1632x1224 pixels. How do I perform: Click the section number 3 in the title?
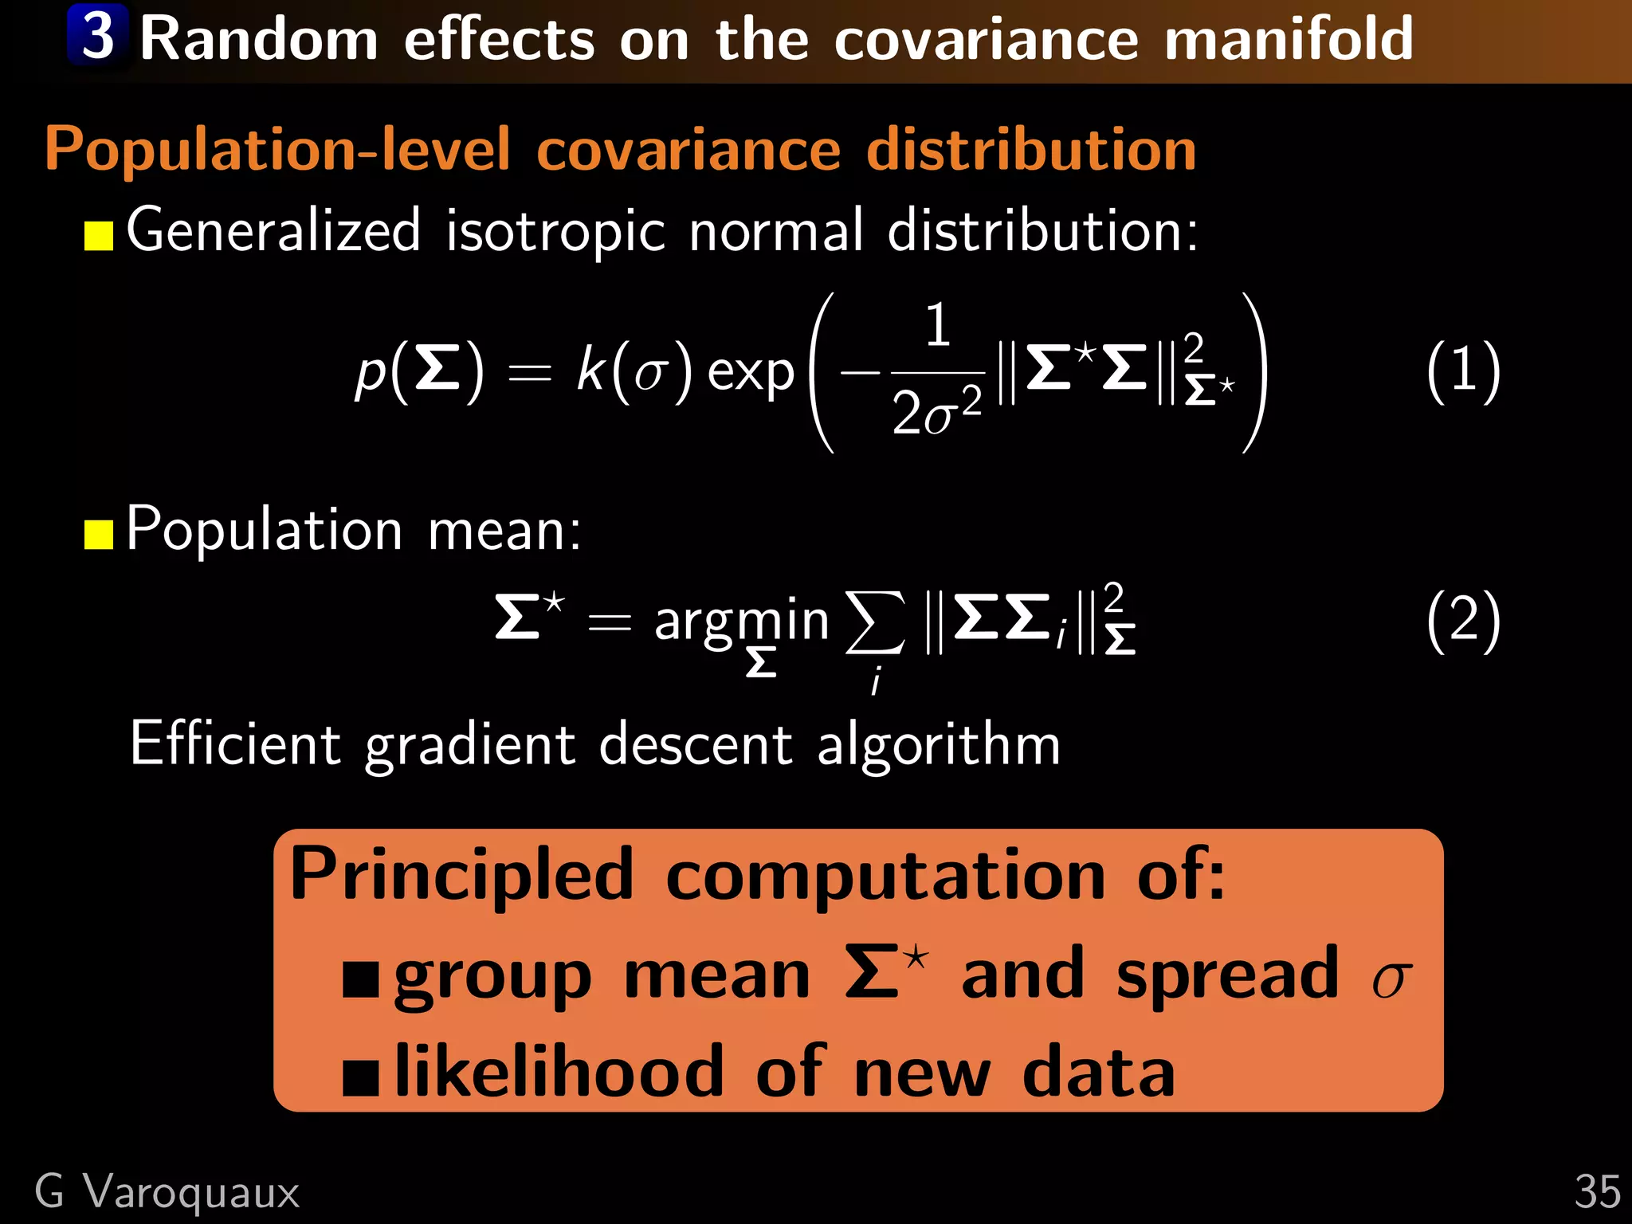[98, 36]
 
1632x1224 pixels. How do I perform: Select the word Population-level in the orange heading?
[277, 150]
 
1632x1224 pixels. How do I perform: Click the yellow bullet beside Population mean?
[99, 535]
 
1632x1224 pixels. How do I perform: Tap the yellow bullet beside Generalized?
[99, 236]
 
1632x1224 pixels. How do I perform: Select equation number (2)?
[1463, 620]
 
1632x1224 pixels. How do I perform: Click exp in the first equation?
[751, 373]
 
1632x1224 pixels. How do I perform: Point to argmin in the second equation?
[741, 622]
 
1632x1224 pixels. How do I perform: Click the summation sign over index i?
[875, 622]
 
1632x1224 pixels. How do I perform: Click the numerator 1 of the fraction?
[938, 325]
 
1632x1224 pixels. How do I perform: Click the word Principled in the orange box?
[461, 877]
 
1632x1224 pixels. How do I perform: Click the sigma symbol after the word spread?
[1391, 980]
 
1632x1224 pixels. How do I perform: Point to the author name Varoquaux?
[191, 1193]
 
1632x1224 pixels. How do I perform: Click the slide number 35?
[1596, 1193]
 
